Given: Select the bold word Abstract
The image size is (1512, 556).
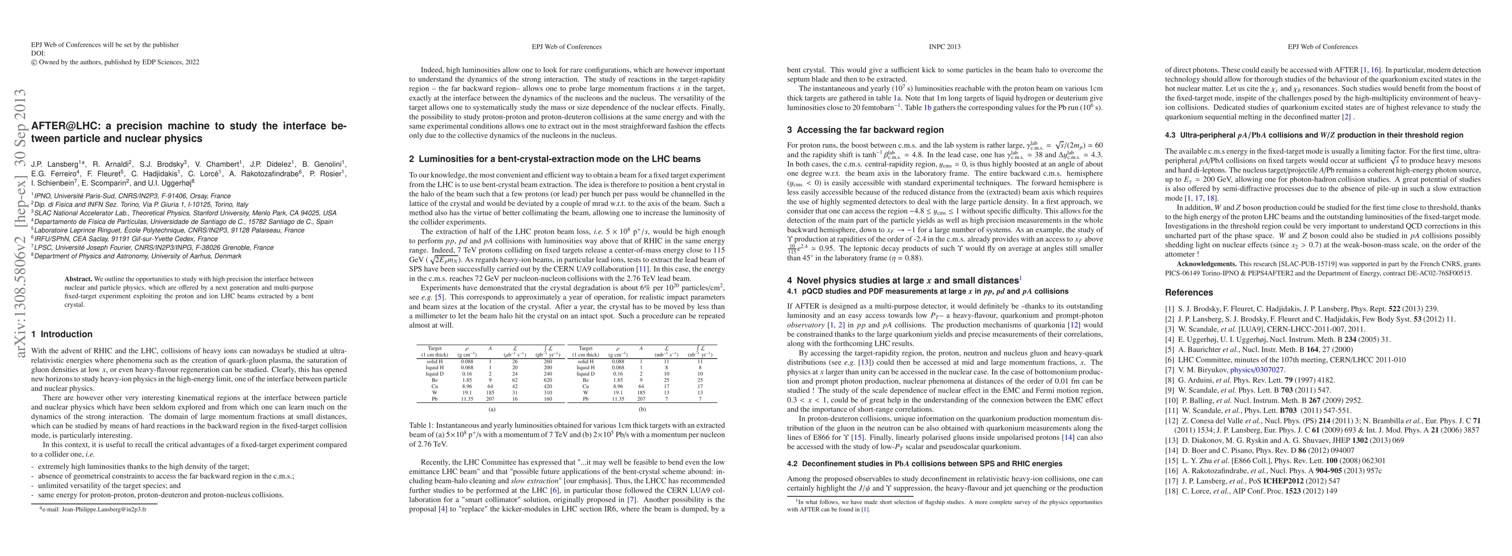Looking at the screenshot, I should pos(78,279).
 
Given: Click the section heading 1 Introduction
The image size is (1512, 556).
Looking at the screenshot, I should pos(62,335).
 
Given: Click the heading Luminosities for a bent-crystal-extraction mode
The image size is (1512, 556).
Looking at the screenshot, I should pos(555,159).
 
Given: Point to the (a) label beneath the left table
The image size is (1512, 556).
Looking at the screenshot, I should pos(492,410).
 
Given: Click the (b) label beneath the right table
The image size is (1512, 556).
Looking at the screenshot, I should pos(642,410).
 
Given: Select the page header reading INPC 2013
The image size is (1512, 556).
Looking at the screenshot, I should pos(944,47).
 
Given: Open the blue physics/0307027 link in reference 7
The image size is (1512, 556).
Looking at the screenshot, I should pos(1256,370).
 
